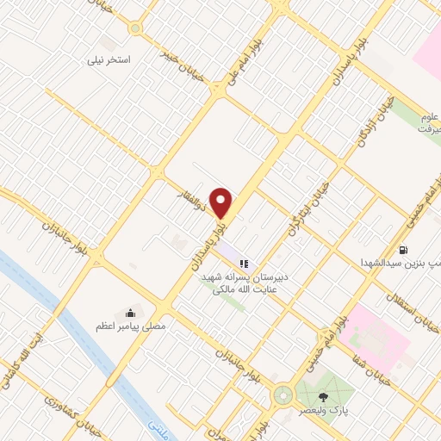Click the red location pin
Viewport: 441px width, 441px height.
[x=221, y=202]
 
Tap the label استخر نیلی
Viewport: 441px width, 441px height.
[x=109, y=61]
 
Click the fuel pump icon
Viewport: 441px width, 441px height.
[x=404, y=250]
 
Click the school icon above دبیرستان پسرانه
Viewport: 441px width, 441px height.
[x=244, y=264]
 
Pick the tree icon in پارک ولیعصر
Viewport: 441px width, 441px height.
[x=323, y=397]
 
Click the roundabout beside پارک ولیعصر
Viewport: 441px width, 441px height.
[x=283, y=396]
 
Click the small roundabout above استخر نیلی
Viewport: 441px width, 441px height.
[x=135, y=28]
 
